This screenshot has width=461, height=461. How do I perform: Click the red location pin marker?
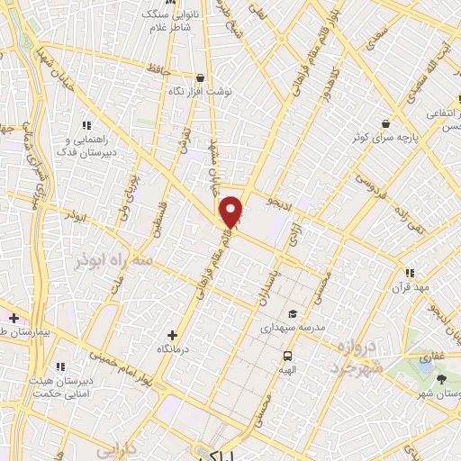coord(232,212)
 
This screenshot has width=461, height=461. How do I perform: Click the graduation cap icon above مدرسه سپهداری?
coord(292,314)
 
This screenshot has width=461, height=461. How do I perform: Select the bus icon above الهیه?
coord(289,355)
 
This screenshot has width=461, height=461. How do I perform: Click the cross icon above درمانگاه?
coord(173,335)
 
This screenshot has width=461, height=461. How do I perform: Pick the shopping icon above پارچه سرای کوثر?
coord(386,123)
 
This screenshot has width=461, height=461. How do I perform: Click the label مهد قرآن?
coord(410,287)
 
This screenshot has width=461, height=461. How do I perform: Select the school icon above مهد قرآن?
coord(410,273)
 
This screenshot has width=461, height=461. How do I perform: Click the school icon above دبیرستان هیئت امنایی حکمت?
coord(60,366)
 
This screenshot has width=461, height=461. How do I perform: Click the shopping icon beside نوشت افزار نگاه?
coord(200,78)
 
